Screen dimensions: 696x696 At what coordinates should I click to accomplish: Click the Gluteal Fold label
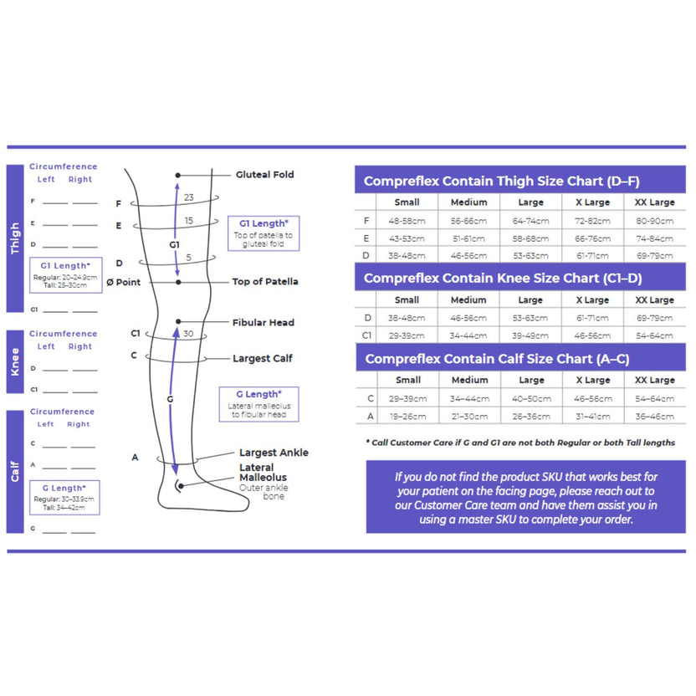pos(264,175)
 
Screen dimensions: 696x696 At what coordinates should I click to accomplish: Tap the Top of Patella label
pos(264,282)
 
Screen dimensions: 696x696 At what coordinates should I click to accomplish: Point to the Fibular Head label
pos(263,322)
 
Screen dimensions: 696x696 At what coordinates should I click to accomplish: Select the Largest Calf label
pos(263,358)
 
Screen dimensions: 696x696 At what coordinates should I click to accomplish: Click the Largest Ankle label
pos(274,453)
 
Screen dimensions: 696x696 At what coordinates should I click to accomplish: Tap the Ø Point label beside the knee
pos(124,282)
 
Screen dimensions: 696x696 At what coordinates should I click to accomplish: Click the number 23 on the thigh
pos(189,197)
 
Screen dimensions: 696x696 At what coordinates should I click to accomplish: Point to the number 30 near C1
pos(188,334)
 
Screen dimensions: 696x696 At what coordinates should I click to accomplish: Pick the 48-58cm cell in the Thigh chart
pos(407,221)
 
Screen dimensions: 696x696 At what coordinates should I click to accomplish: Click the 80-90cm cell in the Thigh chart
pos(654,221)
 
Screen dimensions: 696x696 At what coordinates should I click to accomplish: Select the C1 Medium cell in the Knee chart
pos(468,335)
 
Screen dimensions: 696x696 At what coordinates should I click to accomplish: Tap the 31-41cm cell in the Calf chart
pos(592,416)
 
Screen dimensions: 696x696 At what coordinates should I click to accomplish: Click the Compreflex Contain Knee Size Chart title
pos(503,278)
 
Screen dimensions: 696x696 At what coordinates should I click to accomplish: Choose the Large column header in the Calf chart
pos(530,380)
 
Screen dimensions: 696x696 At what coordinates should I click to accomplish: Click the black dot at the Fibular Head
pos(178,322)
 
